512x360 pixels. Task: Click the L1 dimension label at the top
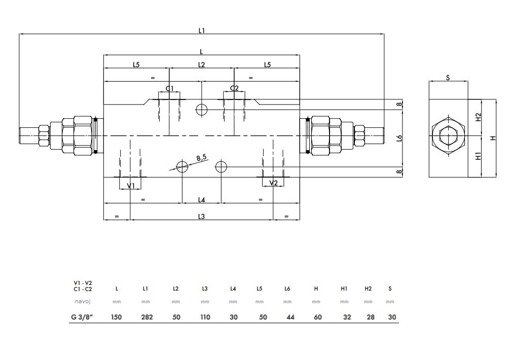pos(201,30)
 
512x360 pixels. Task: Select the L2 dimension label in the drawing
pos(201,65)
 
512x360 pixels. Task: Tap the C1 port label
pos(170,88)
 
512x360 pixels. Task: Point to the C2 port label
pos(234,88)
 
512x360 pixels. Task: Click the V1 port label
pos(131,186)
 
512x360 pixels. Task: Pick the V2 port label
pos(273,183)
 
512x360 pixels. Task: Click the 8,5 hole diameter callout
pos(201,158)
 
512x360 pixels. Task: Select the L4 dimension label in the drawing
pos(201,200)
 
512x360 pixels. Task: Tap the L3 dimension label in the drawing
pos(201,217)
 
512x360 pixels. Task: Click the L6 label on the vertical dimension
pos(399,138)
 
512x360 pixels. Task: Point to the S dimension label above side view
pos(448,78)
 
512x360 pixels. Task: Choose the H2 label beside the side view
pos(479,117)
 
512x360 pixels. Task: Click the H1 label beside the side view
pos(479,156)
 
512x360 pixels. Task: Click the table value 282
pos(147,317)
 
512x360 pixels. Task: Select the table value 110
pos(205,317)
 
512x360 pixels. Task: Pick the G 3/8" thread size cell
pos(82,317)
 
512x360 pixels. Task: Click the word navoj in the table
pos(83,301)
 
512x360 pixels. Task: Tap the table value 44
pos(290,317)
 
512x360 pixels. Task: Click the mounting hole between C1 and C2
pos(201,110)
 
